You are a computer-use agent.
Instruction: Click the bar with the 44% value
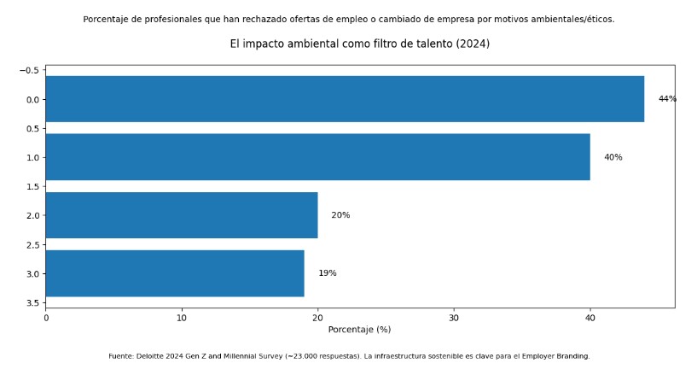(344, 99)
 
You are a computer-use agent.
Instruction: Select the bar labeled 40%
(317, 157)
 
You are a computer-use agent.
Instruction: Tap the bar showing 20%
(181, 215)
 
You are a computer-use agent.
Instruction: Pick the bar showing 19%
(174, 273)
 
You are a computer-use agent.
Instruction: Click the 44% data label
(667, 99)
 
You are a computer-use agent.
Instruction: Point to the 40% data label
(613, 157)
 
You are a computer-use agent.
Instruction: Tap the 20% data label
(340, 215)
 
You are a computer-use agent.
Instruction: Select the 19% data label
(327, 273)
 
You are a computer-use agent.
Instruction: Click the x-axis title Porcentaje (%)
(359, 330)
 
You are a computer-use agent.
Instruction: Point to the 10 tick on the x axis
(182, 318)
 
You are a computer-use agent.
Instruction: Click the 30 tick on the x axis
(454, 318)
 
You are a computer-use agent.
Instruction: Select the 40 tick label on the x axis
(590, 318)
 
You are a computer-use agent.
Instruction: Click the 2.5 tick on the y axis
(32, 245)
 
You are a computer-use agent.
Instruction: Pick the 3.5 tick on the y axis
(32, 303)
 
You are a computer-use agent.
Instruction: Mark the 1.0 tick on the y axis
(32, 158)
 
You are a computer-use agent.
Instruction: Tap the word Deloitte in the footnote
(155, 356)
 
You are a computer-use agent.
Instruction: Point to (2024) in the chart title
(473, 44)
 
